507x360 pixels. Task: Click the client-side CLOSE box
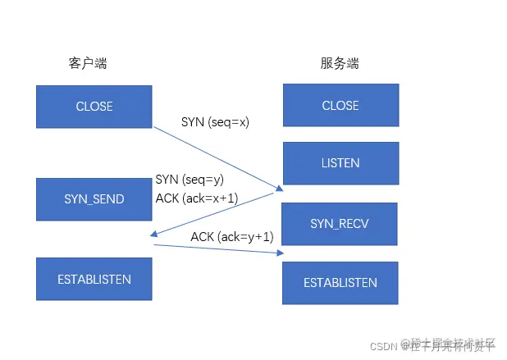(x=94, y=106)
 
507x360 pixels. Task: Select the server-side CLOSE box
(x=340, y=105)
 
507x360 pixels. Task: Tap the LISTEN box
(x=340, y=164)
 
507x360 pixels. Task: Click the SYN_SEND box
(x=94, y=199)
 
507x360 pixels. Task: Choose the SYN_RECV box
(x=340, y=223)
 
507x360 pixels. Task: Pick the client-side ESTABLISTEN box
(x=94, y=279)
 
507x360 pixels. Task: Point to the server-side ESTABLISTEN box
(x=340, y=283)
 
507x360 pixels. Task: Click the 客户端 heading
(x=88, y=63)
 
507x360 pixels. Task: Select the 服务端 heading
(x=340, y=63)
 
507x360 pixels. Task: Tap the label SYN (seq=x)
(x=215, y=122)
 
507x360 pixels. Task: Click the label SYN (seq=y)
(x=190, y=180)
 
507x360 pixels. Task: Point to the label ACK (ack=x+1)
(x=197, y=198)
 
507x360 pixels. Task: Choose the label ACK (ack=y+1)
(x=232, y=237)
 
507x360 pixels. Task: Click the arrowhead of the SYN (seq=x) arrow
(x=280, y=189)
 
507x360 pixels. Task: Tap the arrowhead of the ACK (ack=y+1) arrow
(x=278, y=253)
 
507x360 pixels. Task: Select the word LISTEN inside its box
(x=340, y=164)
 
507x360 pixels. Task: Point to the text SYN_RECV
(x=340, y=223)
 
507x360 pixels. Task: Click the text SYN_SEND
(x=94, y=199)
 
